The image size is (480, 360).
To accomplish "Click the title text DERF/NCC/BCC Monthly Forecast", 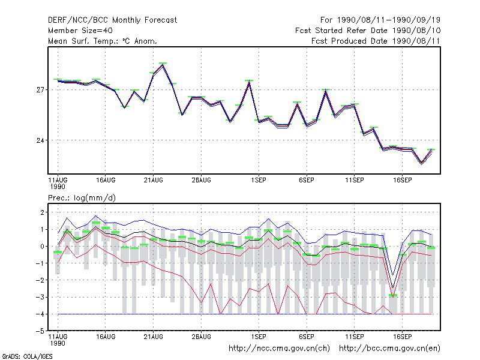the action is (112, 20).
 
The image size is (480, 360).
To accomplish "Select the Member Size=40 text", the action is (80, 31).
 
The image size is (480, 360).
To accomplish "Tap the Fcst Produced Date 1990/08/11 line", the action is (376, 41).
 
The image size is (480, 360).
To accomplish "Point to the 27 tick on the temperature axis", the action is (40, 89).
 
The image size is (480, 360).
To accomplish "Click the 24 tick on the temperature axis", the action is (40, 140).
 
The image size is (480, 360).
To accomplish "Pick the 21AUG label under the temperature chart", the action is (154, 181).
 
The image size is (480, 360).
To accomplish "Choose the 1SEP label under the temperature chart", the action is (259, 181).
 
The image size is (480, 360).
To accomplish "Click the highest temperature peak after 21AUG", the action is (163, 64).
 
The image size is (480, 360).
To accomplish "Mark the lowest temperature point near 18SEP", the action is (422, 163).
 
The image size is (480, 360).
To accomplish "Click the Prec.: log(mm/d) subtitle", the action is (82, 198).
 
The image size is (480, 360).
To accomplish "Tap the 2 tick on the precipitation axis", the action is (42, 212).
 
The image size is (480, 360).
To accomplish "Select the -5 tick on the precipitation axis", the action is (40, 331).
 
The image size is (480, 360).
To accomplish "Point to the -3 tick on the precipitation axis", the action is (40, 297).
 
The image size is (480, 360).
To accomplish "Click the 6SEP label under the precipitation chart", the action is (307, 337).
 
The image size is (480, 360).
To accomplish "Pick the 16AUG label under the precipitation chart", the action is (106, 337).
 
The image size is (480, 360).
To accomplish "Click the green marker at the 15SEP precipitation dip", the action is (393, 295).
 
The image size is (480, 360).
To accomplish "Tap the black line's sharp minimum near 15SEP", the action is (393, 288).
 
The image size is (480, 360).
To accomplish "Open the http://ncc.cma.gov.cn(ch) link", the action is (279, 349).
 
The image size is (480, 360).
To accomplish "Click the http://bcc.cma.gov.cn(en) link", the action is (389, 349).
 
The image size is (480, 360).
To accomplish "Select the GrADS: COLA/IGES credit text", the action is (27, 356).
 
